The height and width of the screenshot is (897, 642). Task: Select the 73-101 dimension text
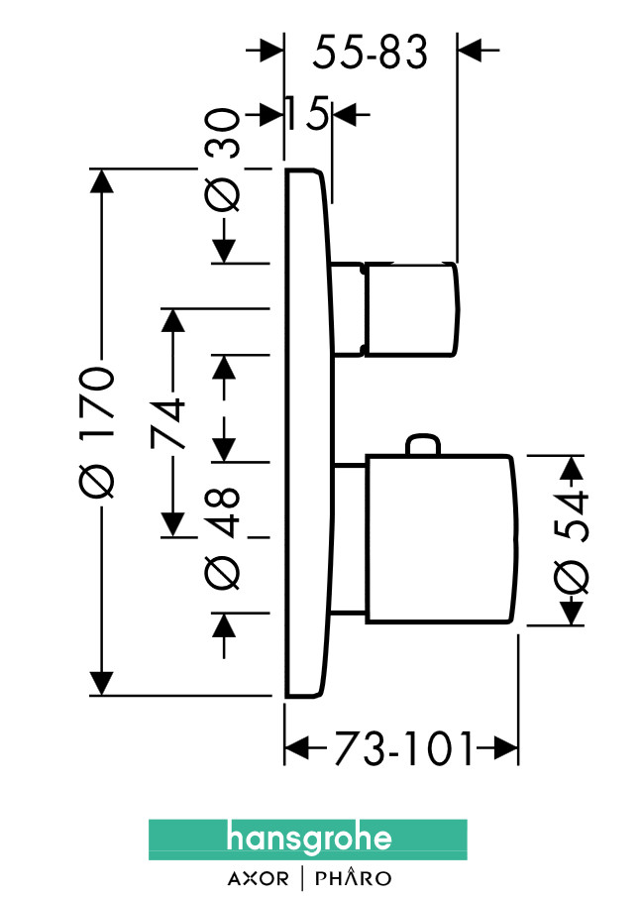(402, 750)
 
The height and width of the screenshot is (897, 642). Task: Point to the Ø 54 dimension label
(572, 541)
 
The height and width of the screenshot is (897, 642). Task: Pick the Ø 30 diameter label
(226, 161)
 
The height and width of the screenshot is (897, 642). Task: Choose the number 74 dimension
(173, 423)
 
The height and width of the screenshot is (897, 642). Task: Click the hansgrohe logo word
(308, 840)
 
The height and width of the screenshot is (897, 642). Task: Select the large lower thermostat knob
(441, 540)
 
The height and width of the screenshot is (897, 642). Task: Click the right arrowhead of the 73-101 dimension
(507, 750)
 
